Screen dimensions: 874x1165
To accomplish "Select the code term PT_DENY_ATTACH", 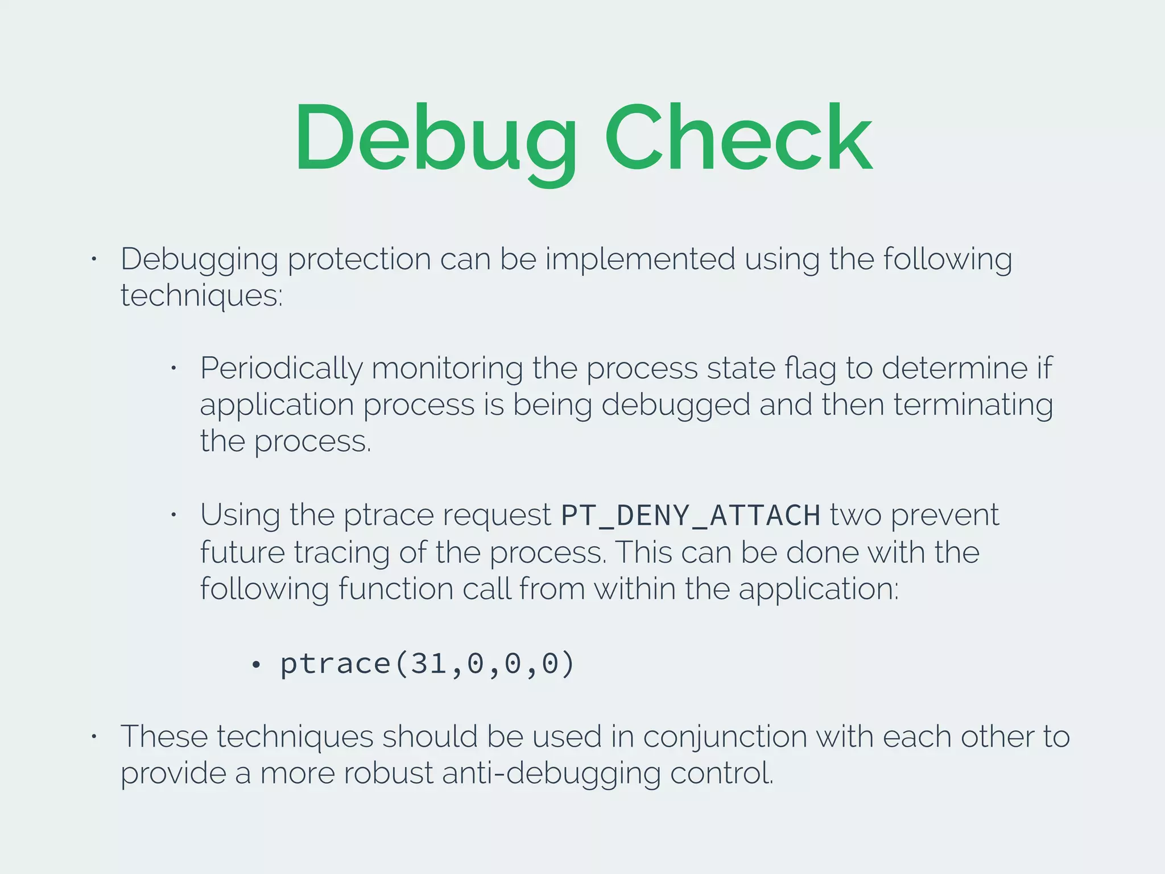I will click(x=690, y=516).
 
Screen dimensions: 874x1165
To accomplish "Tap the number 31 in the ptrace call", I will click(x=428, y=663).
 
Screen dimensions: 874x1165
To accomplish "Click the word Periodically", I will click(x=281, y=369).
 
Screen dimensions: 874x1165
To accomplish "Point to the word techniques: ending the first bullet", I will click(x=201, y=295).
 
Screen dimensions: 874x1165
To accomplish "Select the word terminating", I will click(x=973, y=405).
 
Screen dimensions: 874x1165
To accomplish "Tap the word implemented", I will click(x=640, y=259).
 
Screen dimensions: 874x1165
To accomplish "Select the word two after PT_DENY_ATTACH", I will click(x=855, y=516).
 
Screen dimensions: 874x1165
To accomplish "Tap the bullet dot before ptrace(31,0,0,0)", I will click(x=256, y=665).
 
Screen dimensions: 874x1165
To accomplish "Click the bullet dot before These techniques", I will click(x=94, y=737).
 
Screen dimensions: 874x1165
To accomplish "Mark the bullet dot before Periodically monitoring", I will click(x=174, y=369).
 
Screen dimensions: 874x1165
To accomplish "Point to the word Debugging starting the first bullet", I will click(x=199, y=259).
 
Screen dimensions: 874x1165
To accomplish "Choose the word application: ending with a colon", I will click(x=819, y=588).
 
